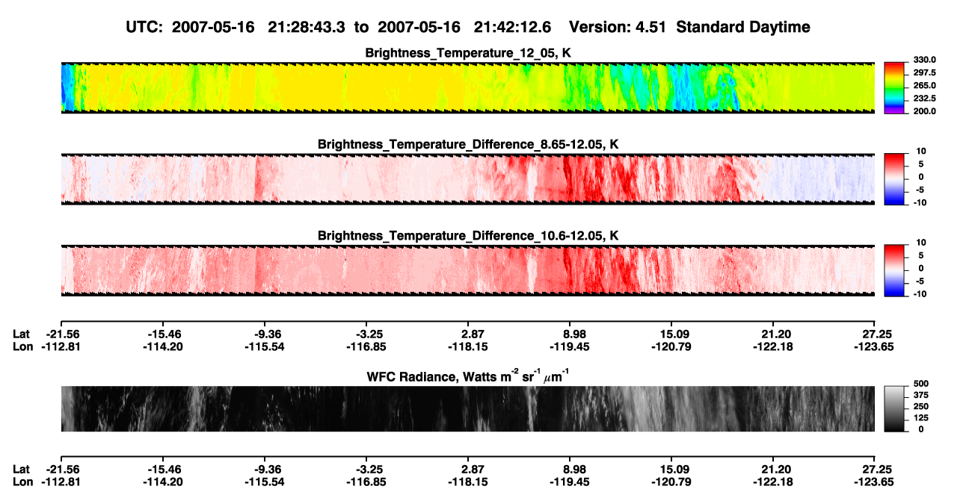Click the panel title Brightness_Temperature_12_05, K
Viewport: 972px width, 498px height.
(x=468, y=53)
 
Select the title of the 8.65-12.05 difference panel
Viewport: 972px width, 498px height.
(x=468, y=144)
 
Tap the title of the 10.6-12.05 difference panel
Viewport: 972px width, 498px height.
(x=468, y=236)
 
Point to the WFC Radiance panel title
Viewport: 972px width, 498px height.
(x=468, y=376)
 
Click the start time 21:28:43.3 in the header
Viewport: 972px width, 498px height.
(x=307, y=28)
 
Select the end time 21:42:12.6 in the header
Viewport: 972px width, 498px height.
(x=512, y=28)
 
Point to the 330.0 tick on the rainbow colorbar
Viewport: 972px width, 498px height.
(x=924, y=60)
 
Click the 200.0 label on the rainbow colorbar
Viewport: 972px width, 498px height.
(x=924, y=111)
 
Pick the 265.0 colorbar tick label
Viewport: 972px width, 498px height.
(x=924, y=85)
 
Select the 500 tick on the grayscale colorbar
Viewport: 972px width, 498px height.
(x=921, y=384)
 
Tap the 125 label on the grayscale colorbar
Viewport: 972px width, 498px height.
(x=921, y=418)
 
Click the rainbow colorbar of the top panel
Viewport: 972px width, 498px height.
(x=894, y=88)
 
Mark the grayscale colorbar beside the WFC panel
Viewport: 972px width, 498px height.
(x=894, y=408)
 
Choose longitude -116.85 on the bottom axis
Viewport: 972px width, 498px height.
(x=366, y=482)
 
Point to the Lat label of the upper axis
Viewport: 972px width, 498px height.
(x=21, y=334)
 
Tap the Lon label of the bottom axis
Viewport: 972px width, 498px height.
(x=23, y=482)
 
